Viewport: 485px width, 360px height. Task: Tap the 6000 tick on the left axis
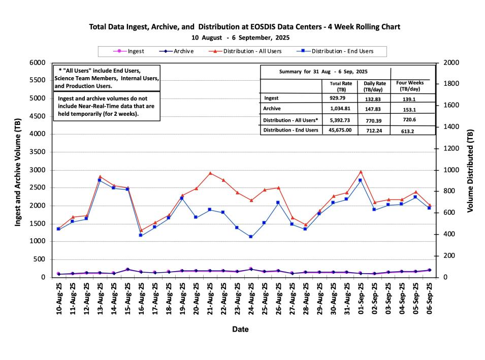[39, 62]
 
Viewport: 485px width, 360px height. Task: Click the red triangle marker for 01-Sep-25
[361, 172]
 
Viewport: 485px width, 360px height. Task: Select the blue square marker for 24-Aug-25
[251, 237]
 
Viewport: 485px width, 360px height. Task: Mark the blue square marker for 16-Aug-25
[141, 235]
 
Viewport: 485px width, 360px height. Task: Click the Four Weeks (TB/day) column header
[409, 85]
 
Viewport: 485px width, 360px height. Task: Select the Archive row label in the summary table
[273, 109]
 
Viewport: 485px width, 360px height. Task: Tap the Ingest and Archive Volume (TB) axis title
[19, 170]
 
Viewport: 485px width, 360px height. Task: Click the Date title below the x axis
[240, 330]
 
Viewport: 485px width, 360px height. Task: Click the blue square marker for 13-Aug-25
[100, 180]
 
